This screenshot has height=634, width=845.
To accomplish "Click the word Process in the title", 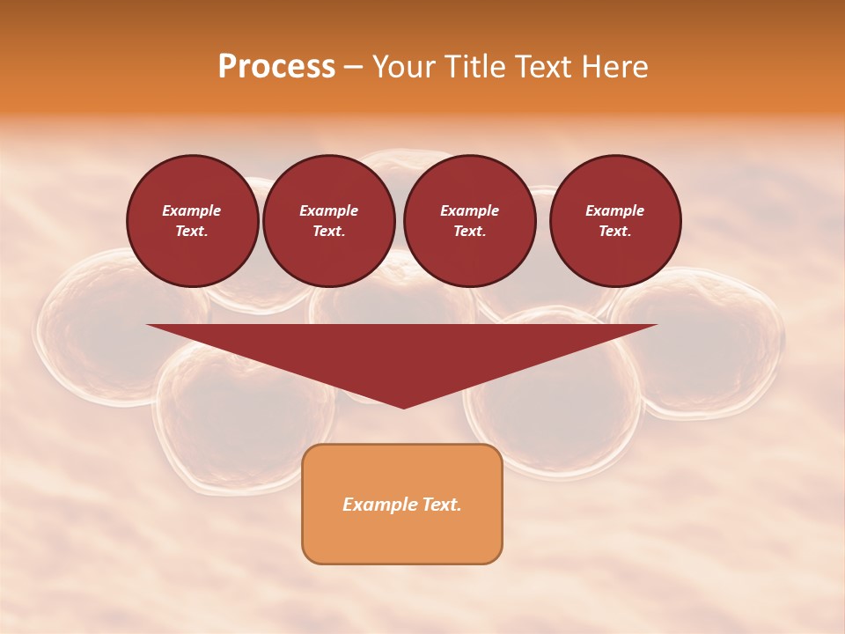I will (276, 67).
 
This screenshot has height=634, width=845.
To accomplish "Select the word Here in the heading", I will (615, 67).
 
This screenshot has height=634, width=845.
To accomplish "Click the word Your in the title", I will (404, 67).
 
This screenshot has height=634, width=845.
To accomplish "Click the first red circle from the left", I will (193, 221).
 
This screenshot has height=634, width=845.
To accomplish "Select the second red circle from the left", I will (329, 221).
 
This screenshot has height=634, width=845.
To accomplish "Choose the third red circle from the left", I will (470, 221).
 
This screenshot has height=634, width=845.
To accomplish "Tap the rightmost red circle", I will (615, 221).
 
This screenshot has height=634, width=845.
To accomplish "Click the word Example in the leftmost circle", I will (192, 210).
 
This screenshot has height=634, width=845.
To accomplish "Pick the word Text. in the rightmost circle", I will (615, 232).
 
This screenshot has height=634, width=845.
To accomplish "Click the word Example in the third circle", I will (470, 210).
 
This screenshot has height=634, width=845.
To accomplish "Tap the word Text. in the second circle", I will (329, 232).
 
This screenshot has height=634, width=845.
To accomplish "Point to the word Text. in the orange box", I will (439, 505).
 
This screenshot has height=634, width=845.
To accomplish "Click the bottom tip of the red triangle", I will (403, 406).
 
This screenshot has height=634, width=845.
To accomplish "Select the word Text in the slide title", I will (545, 67).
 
